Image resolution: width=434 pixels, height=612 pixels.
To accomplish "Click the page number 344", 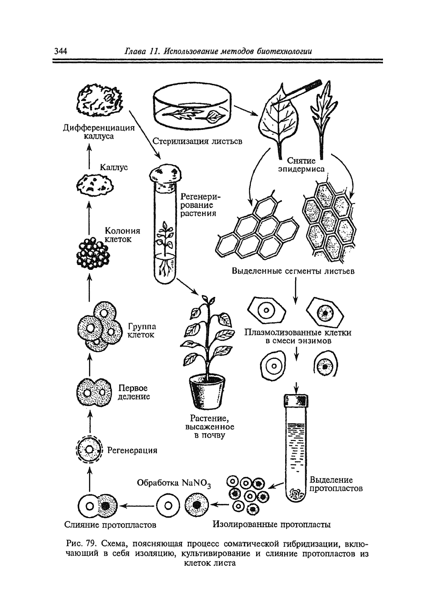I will [x=60, y=51].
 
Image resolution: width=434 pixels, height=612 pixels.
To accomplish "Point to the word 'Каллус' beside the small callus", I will [x=114, y=168].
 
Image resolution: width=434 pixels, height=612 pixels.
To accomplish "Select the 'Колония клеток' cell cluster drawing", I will [x=93, y=251].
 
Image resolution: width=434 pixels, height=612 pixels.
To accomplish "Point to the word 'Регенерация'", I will [x=132, y=449].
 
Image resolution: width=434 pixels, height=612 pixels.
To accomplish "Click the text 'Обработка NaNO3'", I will [x=174, y=482].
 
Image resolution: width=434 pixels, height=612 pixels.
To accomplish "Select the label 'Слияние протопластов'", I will [x=111, y=525].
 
